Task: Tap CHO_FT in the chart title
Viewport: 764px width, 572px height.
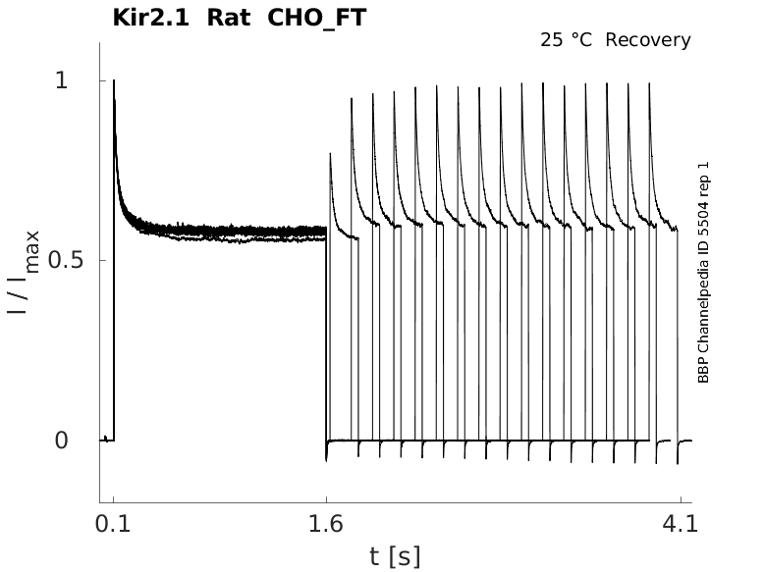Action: (315, 17)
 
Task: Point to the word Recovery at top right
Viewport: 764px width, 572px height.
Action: (648, 40)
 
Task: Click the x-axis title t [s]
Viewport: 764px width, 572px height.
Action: (395, 556)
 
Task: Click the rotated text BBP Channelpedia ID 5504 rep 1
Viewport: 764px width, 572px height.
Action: (703, 280)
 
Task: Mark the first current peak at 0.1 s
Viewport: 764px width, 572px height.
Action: (114, 81)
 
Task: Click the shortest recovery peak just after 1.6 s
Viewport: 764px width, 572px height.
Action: (330, 154)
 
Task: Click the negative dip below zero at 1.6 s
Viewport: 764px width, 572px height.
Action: (326, 458)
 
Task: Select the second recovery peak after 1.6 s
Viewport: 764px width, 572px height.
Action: (352, 98)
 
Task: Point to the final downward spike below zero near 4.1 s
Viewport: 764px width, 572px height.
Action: (678, 462)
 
